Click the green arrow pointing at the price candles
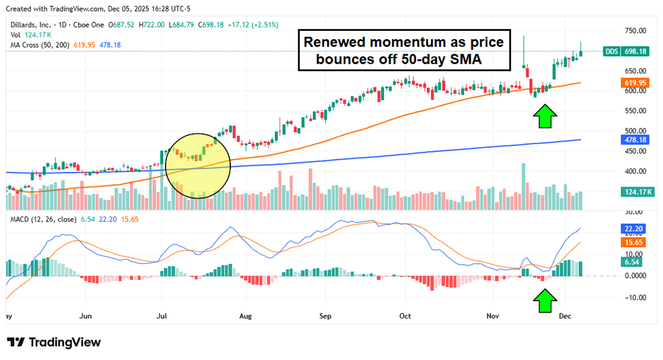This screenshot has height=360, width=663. [x=545, y=116]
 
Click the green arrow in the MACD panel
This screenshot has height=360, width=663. [x=545, y=300]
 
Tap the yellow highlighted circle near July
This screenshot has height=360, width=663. [x=198, y=165]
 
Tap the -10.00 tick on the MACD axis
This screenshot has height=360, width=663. [x=634, y=297]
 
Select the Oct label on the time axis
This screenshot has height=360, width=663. [x=405, y=316]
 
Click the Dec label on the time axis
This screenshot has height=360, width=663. [x=565, y=316]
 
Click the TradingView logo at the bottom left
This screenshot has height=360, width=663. [x=54, y=342]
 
